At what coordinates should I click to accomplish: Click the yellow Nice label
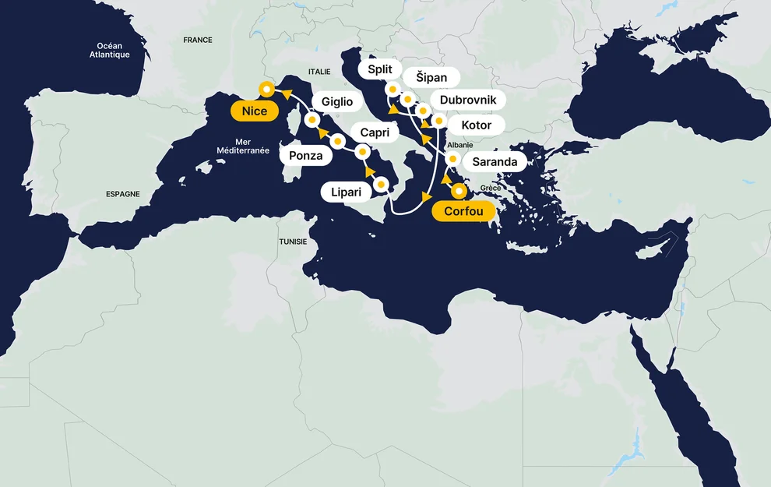point(254,111)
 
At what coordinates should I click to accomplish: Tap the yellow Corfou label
point(464,211)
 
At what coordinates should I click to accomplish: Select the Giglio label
point(336,102)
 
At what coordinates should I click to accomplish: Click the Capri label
point(375,132)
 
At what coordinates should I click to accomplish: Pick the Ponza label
point(305,156)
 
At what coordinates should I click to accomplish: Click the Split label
point(380,69)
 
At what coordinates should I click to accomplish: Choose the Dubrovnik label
point(467,101)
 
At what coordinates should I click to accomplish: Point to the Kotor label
point(476,125)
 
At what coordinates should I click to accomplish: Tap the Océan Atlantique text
point(109,50)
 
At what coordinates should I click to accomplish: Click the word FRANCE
point(197,40)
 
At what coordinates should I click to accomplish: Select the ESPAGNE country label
point(123,194)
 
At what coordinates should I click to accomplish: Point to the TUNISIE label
point(293,242)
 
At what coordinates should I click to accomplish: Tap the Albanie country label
point(460,145)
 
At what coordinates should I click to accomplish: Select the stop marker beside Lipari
point(382,185)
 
